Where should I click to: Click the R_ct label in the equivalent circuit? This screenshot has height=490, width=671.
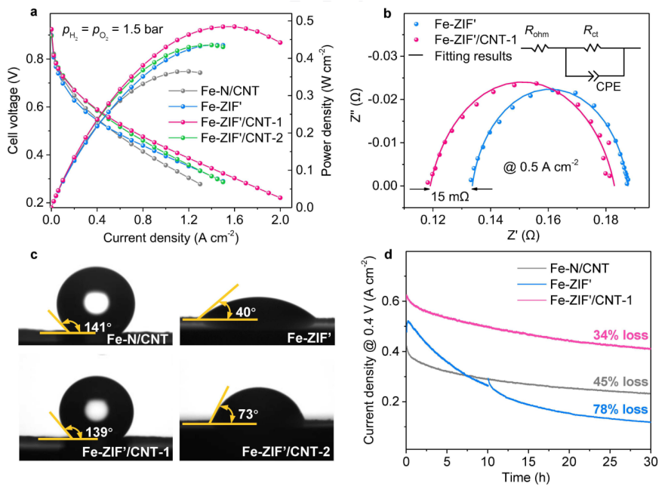(x=593, y=31)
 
